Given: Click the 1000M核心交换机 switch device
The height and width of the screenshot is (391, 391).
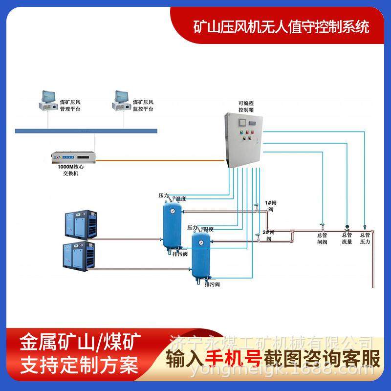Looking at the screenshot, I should click(73, 157).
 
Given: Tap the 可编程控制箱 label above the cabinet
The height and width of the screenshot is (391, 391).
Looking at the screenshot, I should click(245, 107).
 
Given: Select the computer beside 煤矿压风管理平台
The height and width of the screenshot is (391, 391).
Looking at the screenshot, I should click(48, 101).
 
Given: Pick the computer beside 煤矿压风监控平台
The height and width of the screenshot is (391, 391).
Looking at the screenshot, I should click(122, 101).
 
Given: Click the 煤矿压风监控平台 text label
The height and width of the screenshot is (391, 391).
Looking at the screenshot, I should click(144, 106).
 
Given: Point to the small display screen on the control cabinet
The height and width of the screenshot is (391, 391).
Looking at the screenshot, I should click(249, 122).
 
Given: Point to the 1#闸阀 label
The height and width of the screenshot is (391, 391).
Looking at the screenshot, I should click(270, 205).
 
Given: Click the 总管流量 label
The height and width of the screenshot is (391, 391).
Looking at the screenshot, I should click(347, 238).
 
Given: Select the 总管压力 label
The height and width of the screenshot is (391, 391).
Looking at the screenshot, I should click(365, 238).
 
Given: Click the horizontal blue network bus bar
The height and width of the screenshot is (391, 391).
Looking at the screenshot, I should click(86, 130).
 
